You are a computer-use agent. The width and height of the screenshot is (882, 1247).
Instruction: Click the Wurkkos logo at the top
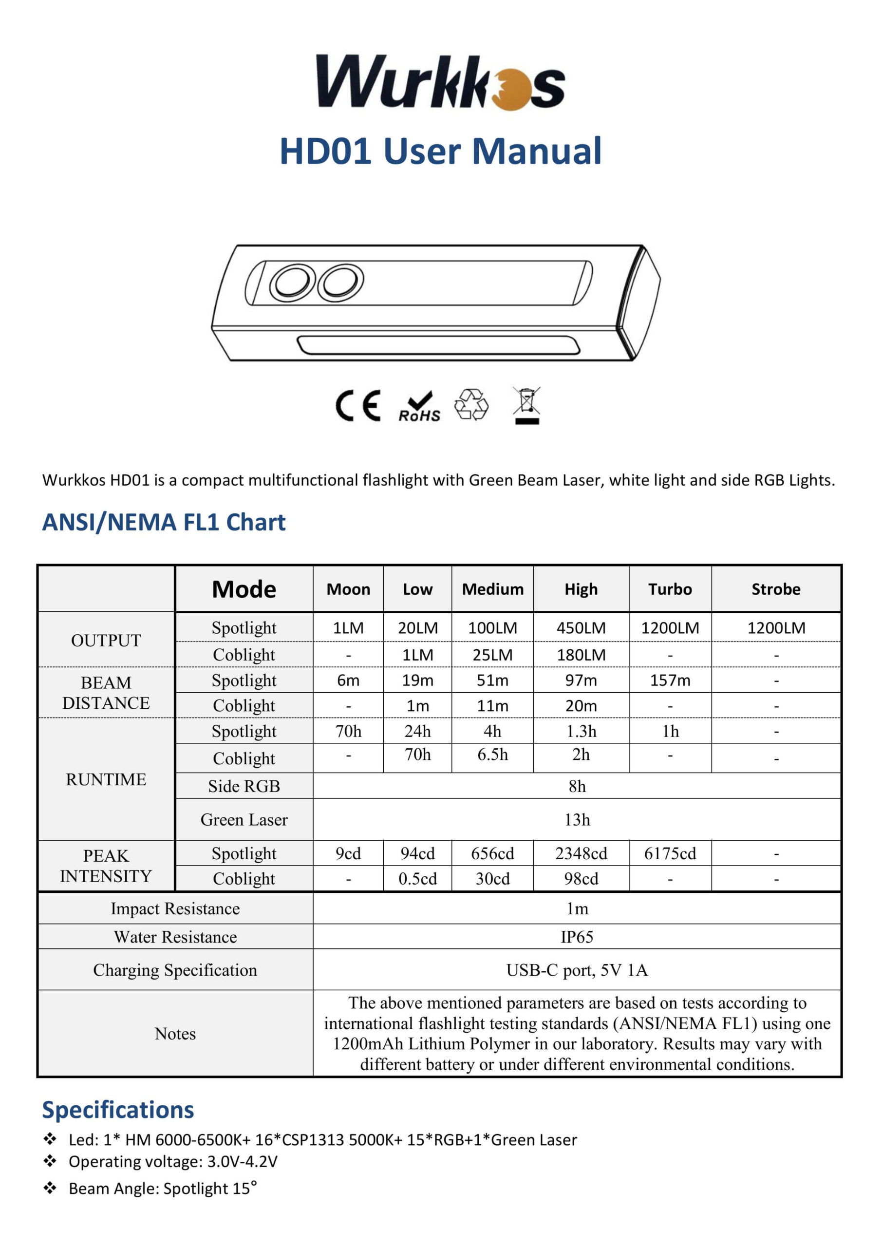pyautogui.click(x=440, y=82)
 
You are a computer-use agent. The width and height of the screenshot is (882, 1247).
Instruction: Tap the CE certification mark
pyautogui.click(x=358, y=406)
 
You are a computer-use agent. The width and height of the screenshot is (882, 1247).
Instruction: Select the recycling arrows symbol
pyautogui.click(x=471, y=405)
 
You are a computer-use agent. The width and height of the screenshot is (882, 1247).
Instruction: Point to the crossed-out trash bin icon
pyautogui.click(x=527, y=405)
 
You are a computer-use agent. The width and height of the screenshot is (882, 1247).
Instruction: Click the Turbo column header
pyautogui.click(x=670, y=589)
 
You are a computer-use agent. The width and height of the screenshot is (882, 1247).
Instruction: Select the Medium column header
pyautogui.click(x=492, y=589)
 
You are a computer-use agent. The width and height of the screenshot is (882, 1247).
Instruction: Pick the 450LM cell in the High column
pyautogui.click(x=581, y=628)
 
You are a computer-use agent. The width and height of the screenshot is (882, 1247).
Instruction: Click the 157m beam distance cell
pyautogui.click(x=670, y=680)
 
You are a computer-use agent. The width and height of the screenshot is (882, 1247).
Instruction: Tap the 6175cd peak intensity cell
pyautogui.click(x=670, y=853)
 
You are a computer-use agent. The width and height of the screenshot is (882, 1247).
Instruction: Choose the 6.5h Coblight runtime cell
pyautogui.click(x=492, y=755)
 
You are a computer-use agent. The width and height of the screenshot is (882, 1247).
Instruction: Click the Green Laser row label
pyautogui.click(x=244, y=820)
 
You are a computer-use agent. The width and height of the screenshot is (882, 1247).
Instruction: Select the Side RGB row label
pyautogui.click(x=244, y=786)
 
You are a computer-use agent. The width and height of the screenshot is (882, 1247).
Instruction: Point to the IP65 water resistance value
pyautogui.click(x=577, y=937)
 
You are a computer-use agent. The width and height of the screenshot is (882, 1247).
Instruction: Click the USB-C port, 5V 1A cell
pyautogui.click(x=577, y=970)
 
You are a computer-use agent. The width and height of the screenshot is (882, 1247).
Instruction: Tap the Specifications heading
pyautogui.click(x=118, y=1110)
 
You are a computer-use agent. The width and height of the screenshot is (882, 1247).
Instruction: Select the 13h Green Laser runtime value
pyautogui.click(x=577, y=820)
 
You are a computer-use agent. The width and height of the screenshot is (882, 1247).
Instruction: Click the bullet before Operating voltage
pyautogui.click(x=50, y=1161)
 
